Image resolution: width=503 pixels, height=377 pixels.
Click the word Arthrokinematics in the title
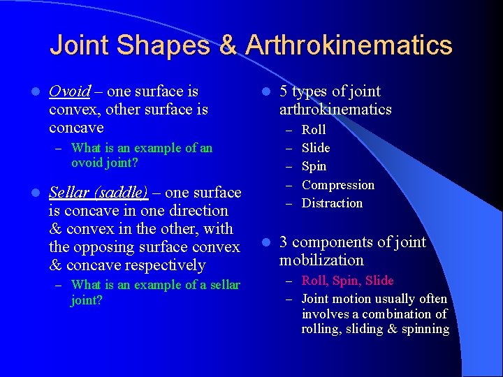(349, 45)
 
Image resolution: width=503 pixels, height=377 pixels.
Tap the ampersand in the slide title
(228, 45)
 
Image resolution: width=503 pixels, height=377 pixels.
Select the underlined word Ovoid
(70, 91)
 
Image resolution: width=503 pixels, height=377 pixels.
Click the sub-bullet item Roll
(314, 130)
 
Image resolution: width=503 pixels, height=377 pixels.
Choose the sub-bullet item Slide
(316, 148)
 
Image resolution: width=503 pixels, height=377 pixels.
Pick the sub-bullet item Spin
(314, 166)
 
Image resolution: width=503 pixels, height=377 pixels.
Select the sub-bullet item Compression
(338, 185)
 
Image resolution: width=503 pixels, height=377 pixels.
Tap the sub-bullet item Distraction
(332, 203)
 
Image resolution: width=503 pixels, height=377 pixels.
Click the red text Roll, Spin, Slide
(347, 281)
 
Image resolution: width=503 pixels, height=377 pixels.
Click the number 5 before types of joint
(284, 91)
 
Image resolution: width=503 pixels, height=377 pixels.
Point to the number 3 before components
(284, 242)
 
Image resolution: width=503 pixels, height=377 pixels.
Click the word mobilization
(321, 260)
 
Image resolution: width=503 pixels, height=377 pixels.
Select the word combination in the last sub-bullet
(394, 314)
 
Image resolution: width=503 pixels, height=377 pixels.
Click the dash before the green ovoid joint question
(59, 148)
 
